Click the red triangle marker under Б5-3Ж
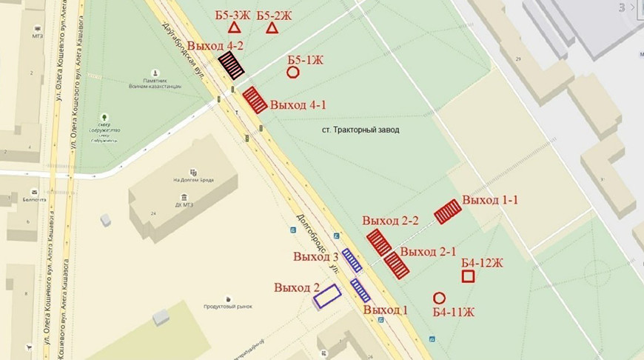click(234, 28)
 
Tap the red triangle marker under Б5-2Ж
click(272, 28)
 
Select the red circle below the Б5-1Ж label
click(293, 73)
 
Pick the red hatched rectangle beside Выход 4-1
click(255, 99)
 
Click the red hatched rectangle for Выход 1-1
click(448, 212)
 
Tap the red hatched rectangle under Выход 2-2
click(379, 242)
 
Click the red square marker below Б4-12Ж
click(468, 277)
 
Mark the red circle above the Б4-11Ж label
click(439, 298)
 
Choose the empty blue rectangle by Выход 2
click(326, 296)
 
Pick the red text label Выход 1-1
click(490, 200)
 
